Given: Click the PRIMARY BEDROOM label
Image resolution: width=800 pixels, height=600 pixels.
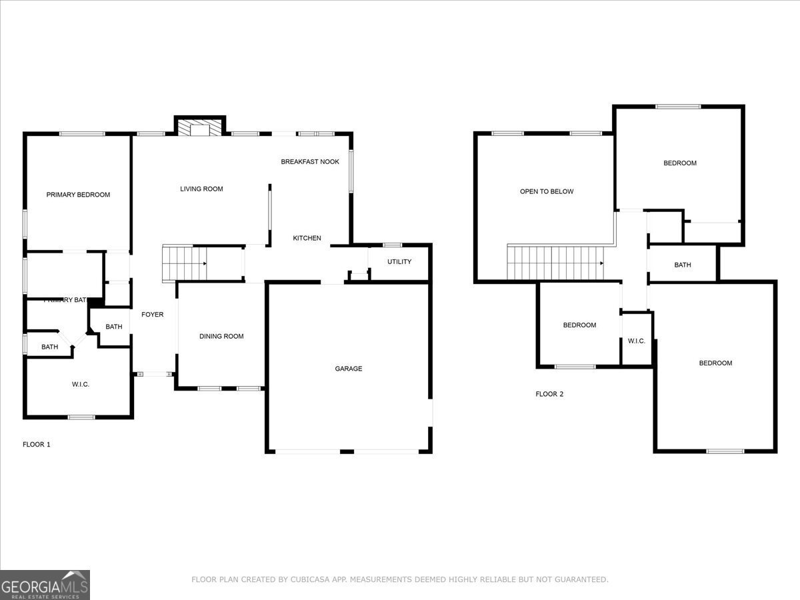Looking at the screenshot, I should pyautogui.click(x=78, y=195).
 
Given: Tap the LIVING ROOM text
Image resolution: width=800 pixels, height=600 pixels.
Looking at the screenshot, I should pyautogui.click(x=201, y=189).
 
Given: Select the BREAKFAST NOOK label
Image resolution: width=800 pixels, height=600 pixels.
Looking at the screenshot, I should pyautogui.click(x=310, y=162).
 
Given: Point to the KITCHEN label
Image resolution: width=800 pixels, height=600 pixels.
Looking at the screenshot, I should pyautogui.click(x=307, y=238).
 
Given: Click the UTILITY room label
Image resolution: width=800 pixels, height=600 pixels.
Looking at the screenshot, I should pyautogui.click(x=399, y=262).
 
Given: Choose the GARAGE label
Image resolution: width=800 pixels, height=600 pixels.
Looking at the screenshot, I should pyautogui.click(x=348, y=369).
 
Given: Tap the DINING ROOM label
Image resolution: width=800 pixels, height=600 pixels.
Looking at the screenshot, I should pyautogui.click(x=221, y=337).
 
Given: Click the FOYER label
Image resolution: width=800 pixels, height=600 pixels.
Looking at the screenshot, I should pyautogui.click(x=152, y=315).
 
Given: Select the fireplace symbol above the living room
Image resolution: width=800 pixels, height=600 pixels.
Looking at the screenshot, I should pyautogui.click(x=200, y=129).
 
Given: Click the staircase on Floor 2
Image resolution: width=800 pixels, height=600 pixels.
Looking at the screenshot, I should pyautogui.click(x=555, y=263).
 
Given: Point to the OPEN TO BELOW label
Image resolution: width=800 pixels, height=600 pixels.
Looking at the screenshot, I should pyautogui.click(x=547, y=192).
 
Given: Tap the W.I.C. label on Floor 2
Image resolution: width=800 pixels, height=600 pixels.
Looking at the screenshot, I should pyautogui.click(x=636, y=341).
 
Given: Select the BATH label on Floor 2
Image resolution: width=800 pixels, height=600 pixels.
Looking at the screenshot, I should pyautogui.click(x=683, y=265).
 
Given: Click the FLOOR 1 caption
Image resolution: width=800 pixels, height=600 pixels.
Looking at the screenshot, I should pyautogui.click(x=37, y=444).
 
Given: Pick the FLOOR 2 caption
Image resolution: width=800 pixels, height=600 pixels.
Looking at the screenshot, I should pyautogui.click(x=549, y=394).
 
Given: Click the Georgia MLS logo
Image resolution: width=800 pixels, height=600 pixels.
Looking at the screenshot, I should pyautogui.click(x=45, y=585).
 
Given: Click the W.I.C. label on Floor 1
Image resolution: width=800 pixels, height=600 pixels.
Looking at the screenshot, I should pyautogui.click(x=81, y=385).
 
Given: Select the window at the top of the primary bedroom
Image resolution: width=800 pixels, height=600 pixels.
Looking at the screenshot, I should pyautogui.click(x=82, y=134).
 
